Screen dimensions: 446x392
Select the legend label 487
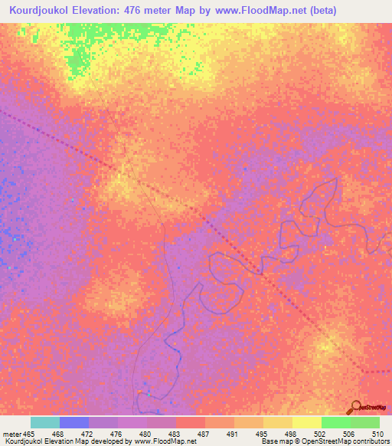[x=203, y=434]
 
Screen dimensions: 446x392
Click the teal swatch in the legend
[x=45, y=423]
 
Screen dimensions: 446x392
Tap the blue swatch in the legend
[x=74, y=423]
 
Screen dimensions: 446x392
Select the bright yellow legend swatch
[x=307, y=423]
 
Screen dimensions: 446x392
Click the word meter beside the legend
[x=12, y=434]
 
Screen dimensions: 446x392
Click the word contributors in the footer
[x=369, y=442]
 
